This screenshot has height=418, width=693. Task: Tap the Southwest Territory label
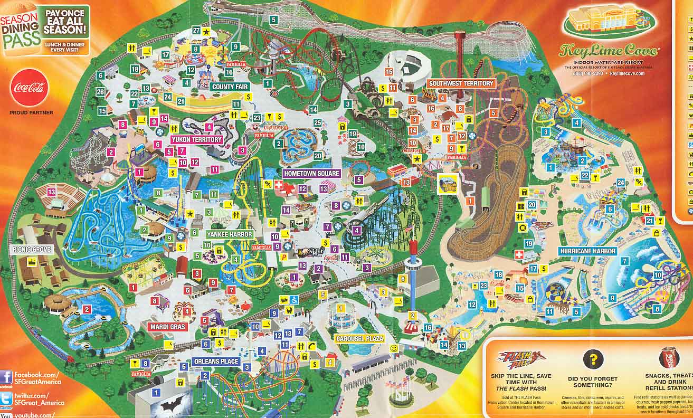[x=461, y=83]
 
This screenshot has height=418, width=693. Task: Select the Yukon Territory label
[x=196, y=139]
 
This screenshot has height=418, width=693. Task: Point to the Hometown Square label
[x=311, y=173]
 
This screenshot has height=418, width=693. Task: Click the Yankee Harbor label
[x=230, y=234]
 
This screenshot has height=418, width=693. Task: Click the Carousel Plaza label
[x=359, y=338]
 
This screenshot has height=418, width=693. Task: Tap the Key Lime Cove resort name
[x=609, y=51]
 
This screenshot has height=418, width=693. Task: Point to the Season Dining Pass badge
[x=21, y=25]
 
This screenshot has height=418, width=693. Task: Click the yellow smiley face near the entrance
[x=394, y=349]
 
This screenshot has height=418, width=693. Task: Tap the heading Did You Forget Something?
[x=593, y=382]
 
